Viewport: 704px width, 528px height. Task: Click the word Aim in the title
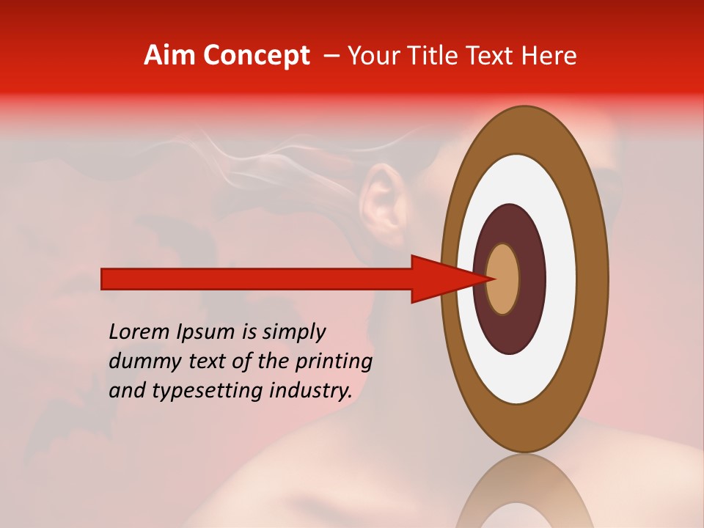click(x=170, y=56)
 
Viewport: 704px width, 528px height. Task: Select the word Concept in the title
click(x=256, y=56)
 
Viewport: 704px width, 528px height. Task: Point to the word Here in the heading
click(x=551, y=56)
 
